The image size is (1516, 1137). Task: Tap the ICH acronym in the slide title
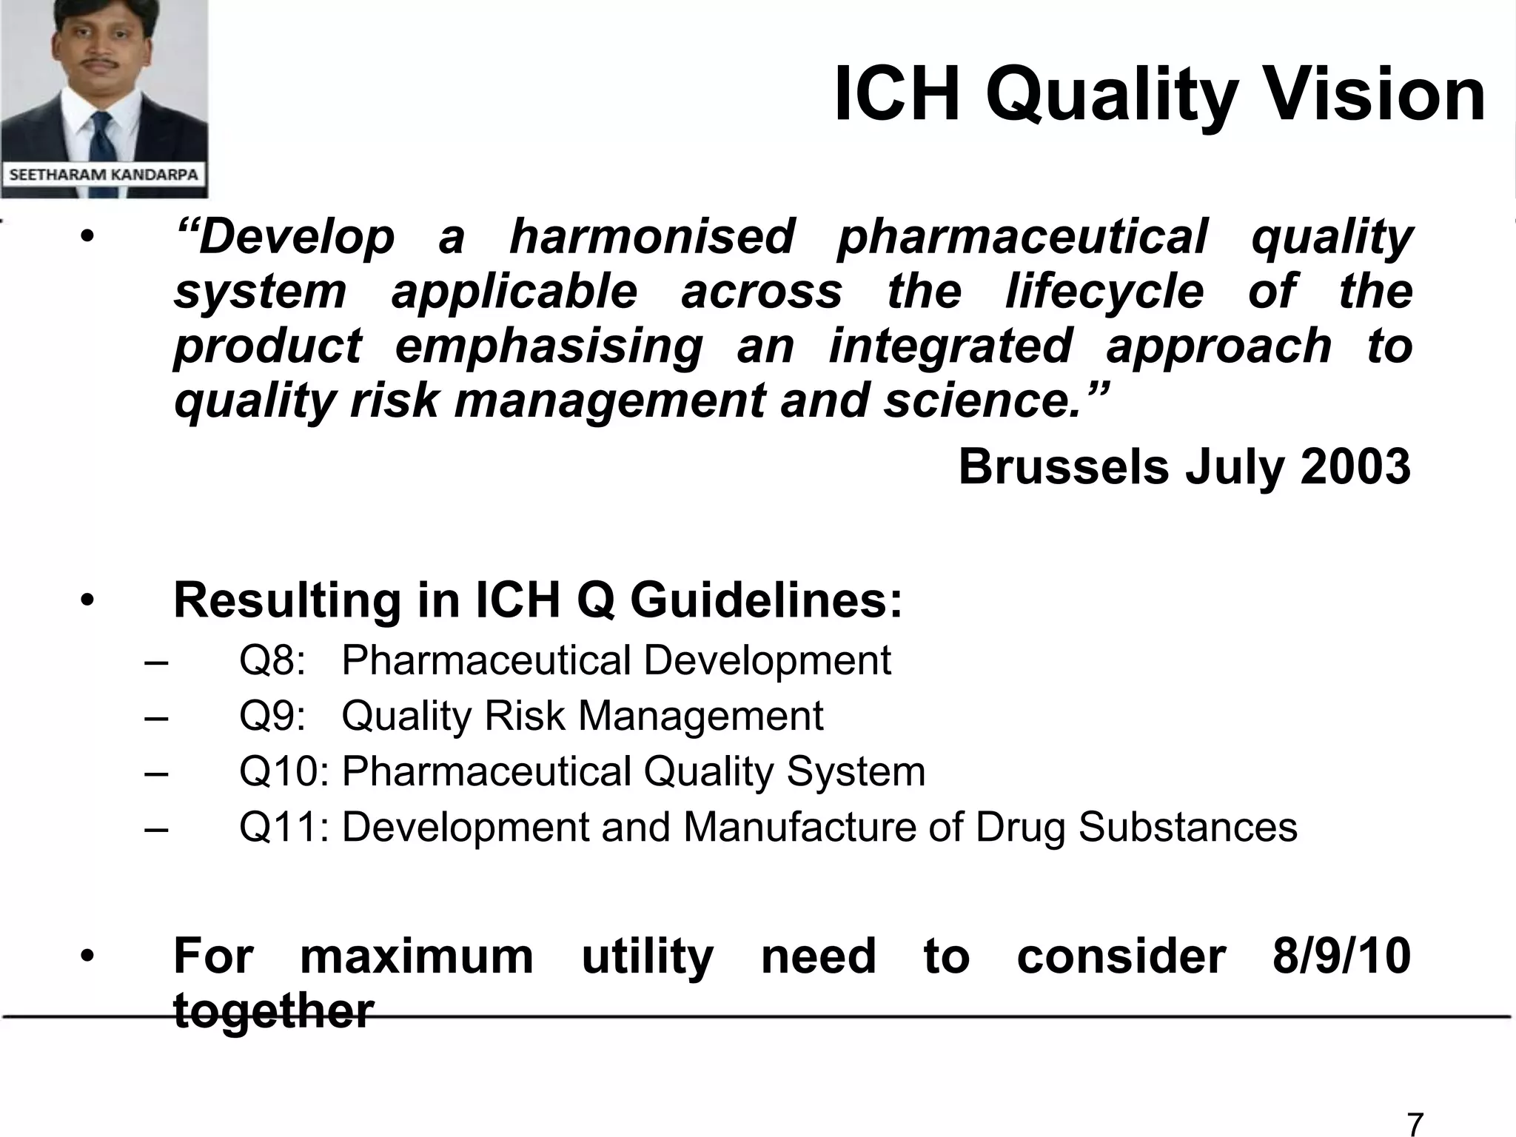pyautogui.click(x=896, y=95)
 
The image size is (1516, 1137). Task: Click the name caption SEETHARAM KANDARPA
pyautogui.click(x=104, y=175)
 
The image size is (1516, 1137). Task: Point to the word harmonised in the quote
pyautogui.click(x=651, y=237)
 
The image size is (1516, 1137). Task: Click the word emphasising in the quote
pyautogui.click(x=549, y=346)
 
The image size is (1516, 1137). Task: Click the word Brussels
pyautogui.click(x=1064, y=467)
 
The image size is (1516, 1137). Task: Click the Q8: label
pyautogui.click(x=272, y=660)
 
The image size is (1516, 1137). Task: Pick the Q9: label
pyautogui.click(x=272, y=716)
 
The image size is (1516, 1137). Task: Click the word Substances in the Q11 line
pyautogui.click(x=1187, y=827)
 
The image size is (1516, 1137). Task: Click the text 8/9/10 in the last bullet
pyautogui.click(x=1341, y=956)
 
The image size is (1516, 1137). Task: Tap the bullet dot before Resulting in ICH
pyautogui.click(x=87, y=600)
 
